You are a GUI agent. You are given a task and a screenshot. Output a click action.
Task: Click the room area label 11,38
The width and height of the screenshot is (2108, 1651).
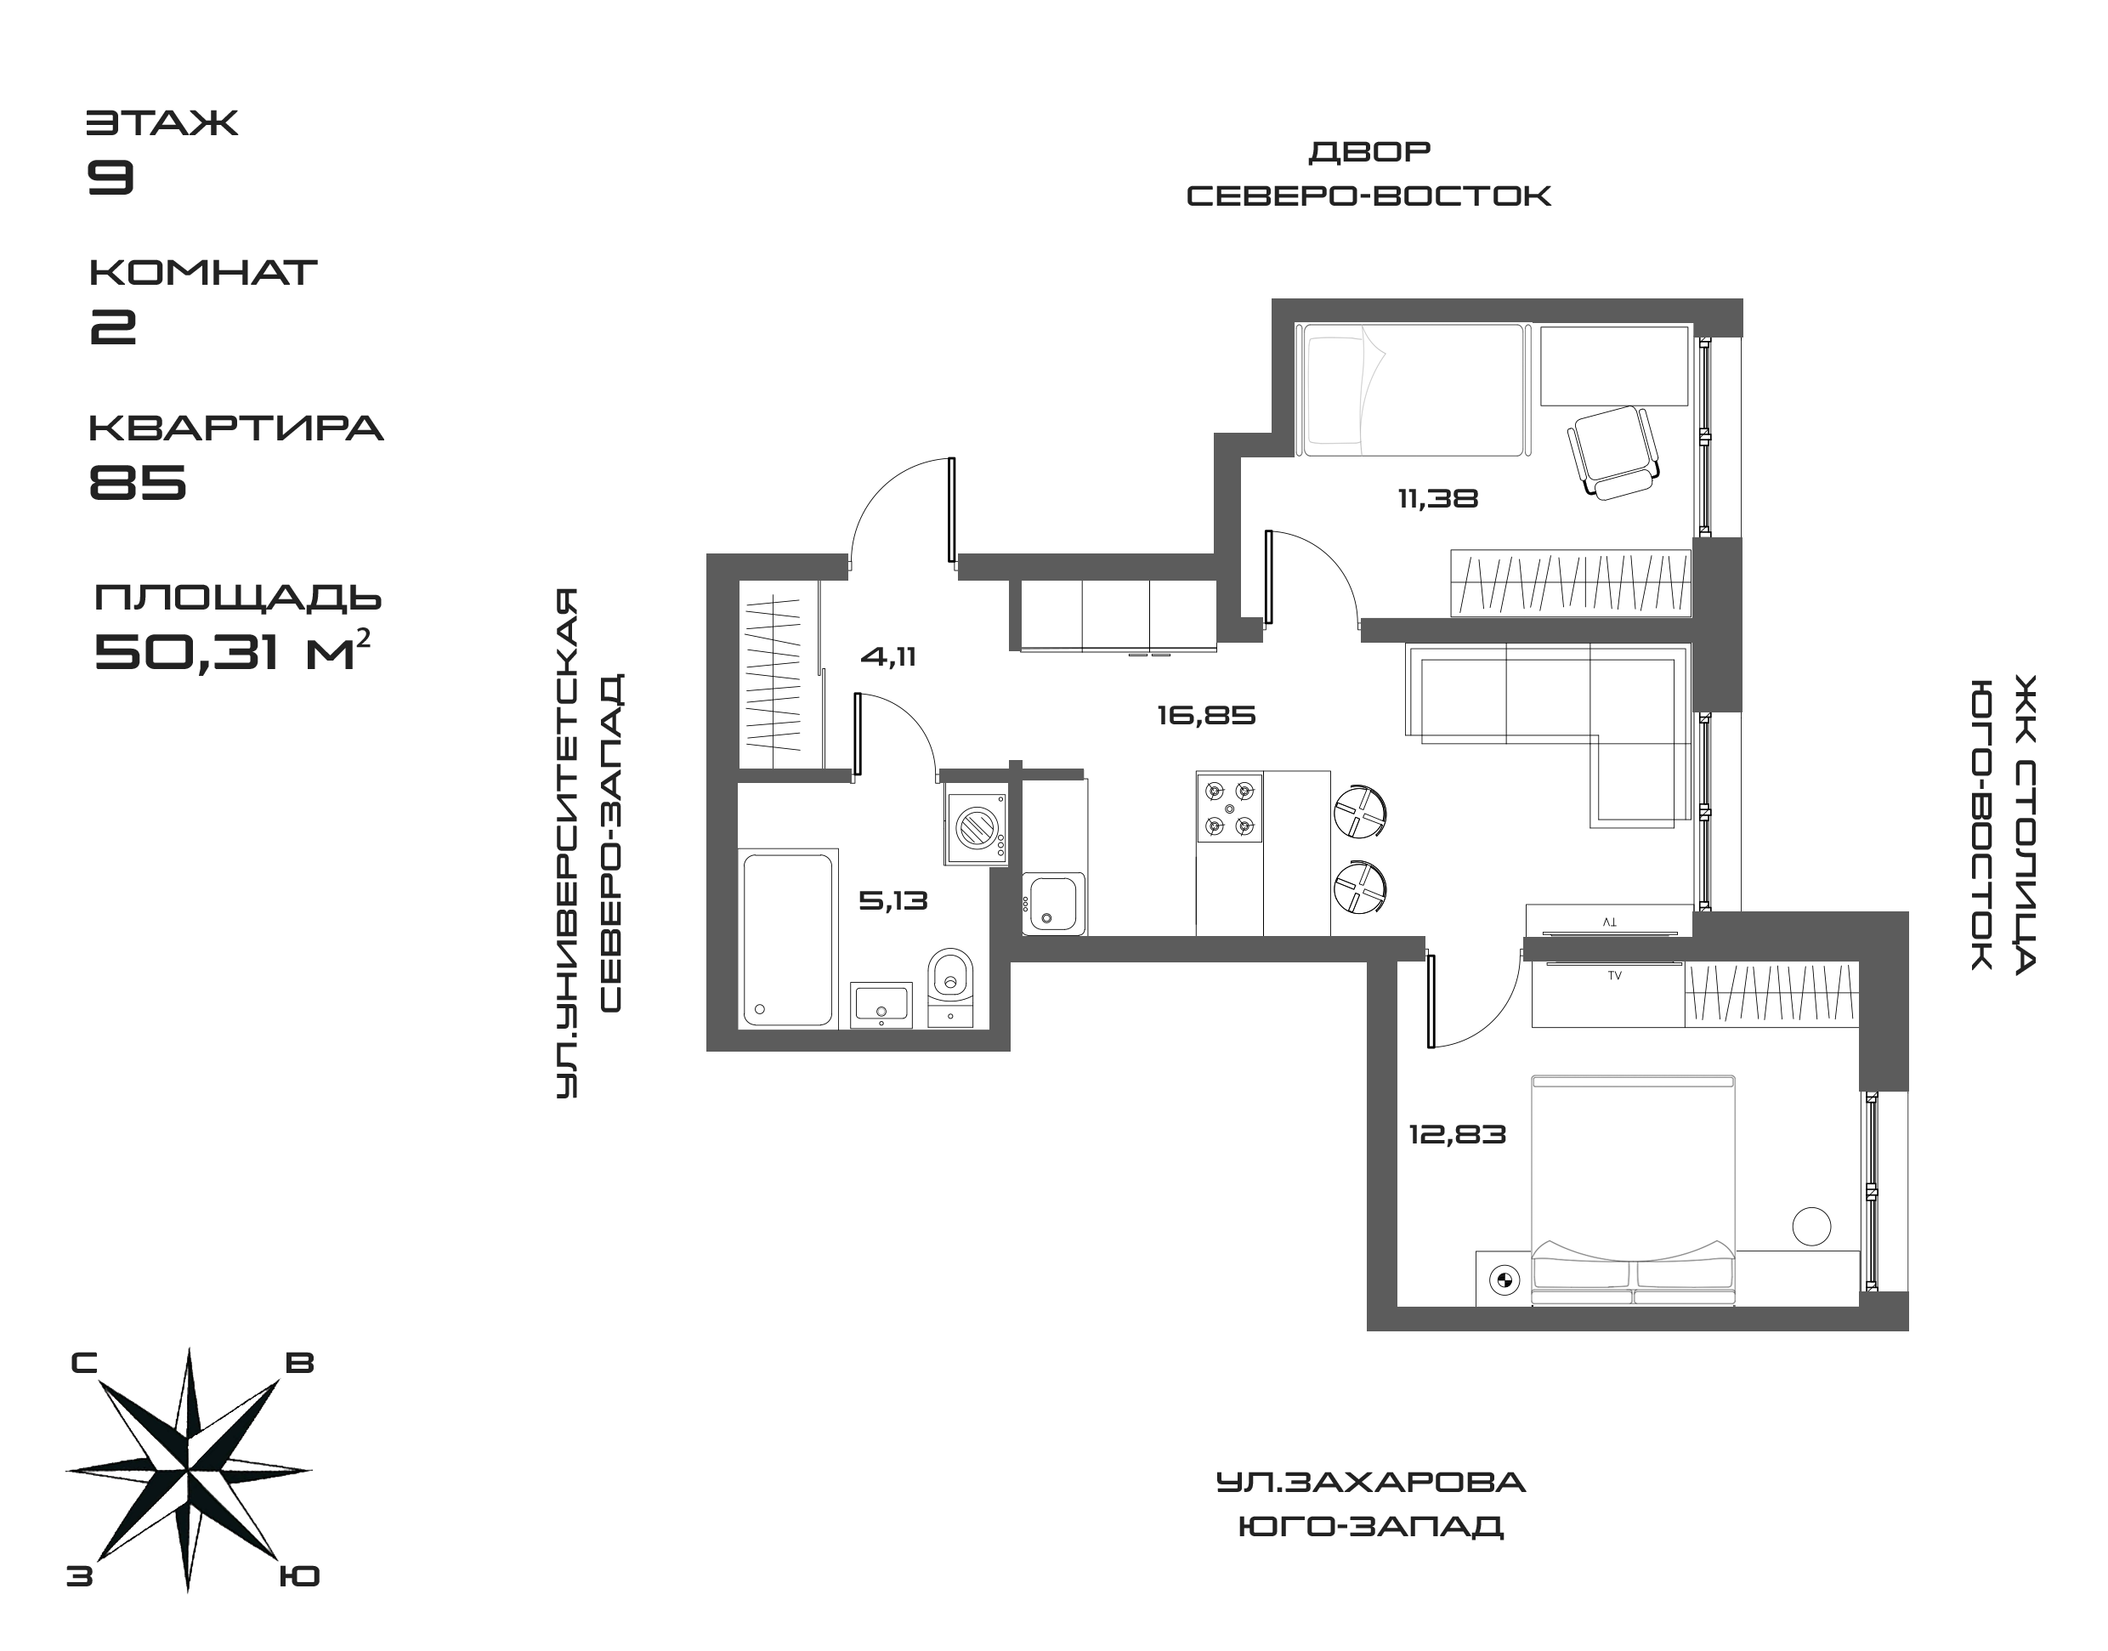coord(1437,499)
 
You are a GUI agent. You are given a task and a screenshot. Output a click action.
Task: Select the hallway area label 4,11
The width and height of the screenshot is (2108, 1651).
coord(887,657)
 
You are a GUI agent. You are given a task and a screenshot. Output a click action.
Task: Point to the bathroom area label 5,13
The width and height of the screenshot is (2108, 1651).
coord(892,901)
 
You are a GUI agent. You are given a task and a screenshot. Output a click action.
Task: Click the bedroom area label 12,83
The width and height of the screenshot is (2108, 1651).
coord(1457,1134)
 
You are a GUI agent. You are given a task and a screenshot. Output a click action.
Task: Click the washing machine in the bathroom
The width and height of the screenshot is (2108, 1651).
coord(975,828)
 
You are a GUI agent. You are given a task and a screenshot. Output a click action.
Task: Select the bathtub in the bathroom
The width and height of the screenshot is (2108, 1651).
coord(788,939)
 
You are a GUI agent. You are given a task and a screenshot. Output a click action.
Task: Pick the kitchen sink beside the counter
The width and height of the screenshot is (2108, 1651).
coord(1053,903)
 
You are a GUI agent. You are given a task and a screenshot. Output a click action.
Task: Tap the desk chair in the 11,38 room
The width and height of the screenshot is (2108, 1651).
coord(1612,451)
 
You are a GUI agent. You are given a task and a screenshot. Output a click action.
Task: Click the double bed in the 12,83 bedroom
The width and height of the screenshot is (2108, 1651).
coord(1634,1189)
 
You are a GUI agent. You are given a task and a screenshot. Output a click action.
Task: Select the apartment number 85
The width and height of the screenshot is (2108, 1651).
coord(137,480)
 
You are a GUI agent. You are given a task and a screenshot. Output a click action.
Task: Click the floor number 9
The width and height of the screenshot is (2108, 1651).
coord(110,177)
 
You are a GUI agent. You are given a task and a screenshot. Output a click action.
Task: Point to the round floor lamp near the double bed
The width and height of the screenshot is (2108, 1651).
coord(1810,1226)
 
